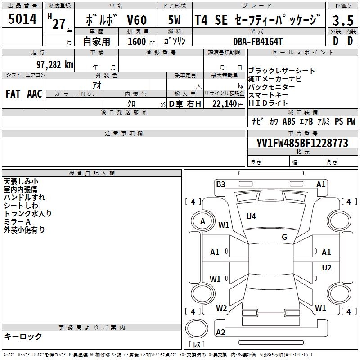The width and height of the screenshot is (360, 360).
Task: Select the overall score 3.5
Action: pos(342,20)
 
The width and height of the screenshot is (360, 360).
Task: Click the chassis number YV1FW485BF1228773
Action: pos(302,144)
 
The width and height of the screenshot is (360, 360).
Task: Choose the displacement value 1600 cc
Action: pos(139,41)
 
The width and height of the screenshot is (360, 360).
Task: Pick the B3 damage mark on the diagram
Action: pos(220,184)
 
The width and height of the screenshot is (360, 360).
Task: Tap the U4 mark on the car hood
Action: pos(251,216)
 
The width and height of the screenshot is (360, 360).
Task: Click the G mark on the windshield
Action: pos(284,237)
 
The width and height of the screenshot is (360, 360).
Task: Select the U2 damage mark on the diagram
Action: pos(326,268)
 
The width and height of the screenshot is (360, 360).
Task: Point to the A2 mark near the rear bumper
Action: pos(220,333)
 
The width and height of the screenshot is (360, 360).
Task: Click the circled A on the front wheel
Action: pos(202,221)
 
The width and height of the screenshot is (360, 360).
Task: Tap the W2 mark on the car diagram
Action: pos(221,308)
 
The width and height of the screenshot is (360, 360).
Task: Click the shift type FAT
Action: pos(13,94)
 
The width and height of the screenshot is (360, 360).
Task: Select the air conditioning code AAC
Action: pos(35,94)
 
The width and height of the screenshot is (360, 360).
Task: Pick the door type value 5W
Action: pos(174,20)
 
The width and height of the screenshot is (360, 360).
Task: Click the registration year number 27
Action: pos(58,23)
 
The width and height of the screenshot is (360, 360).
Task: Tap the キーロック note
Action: pos(23,336)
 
